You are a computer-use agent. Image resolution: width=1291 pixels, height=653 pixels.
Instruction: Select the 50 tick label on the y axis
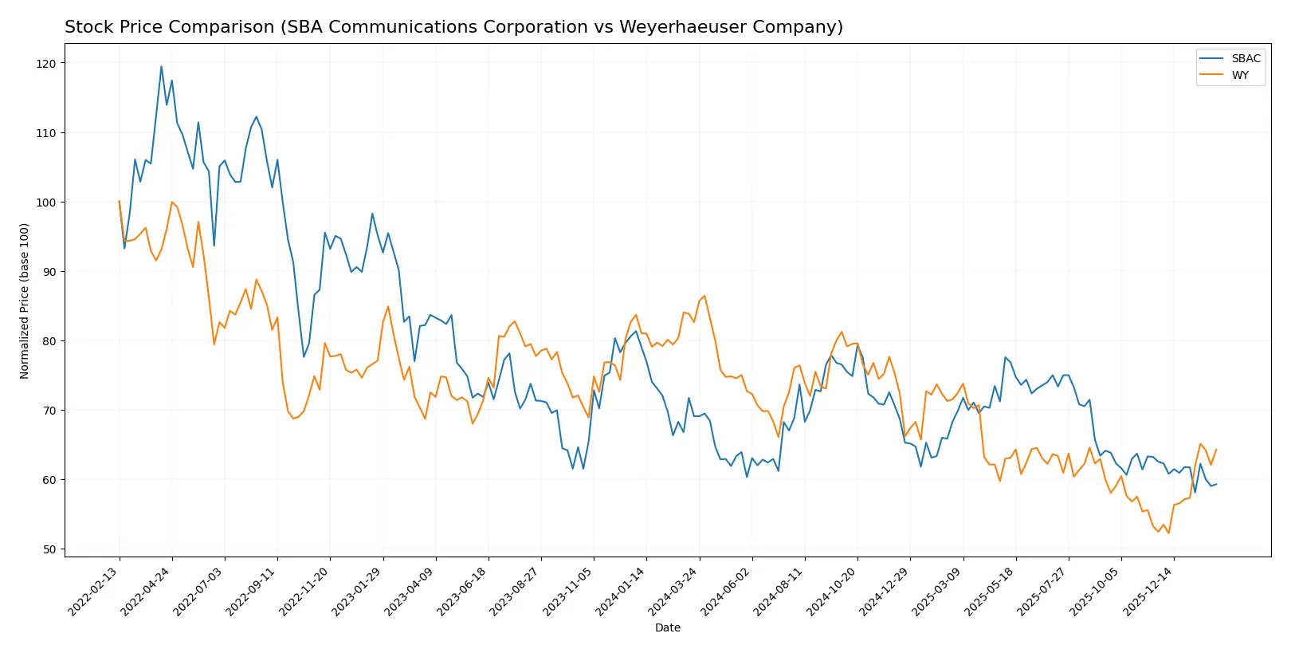tap(49, 549)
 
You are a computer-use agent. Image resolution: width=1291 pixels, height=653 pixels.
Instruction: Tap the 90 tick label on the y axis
tap(49, 272)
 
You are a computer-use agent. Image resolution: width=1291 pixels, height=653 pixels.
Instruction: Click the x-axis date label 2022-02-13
tap(94, 592)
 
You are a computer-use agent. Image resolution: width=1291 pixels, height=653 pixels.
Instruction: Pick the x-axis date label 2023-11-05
tap(568, 592)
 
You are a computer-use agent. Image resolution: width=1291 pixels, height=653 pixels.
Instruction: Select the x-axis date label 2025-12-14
tap(1148, 592)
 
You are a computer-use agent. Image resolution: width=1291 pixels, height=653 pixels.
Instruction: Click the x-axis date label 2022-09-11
tap(252, 592)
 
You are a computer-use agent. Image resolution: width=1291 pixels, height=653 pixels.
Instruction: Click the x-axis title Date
tap(667, 627)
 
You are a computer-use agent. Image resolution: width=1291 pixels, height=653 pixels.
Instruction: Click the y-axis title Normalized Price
tap(25, 301)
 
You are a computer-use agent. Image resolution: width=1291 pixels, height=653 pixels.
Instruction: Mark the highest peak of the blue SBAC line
tap(161, 66)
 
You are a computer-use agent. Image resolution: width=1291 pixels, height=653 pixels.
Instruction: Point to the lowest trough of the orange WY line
tap(1168, 533)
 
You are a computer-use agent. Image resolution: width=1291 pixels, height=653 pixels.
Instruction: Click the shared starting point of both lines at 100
tap(119, 202)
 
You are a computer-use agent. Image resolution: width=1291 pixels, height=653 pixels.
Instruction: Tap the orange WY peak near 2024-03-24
tap(704, 296)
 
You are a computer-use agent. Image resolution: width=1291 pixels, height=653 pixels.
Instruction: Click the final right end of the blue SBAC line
tap(1216, 484)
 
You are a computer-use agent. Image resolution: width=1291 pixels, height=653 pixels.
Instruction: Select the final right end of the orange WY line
tap(1216, 450)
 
